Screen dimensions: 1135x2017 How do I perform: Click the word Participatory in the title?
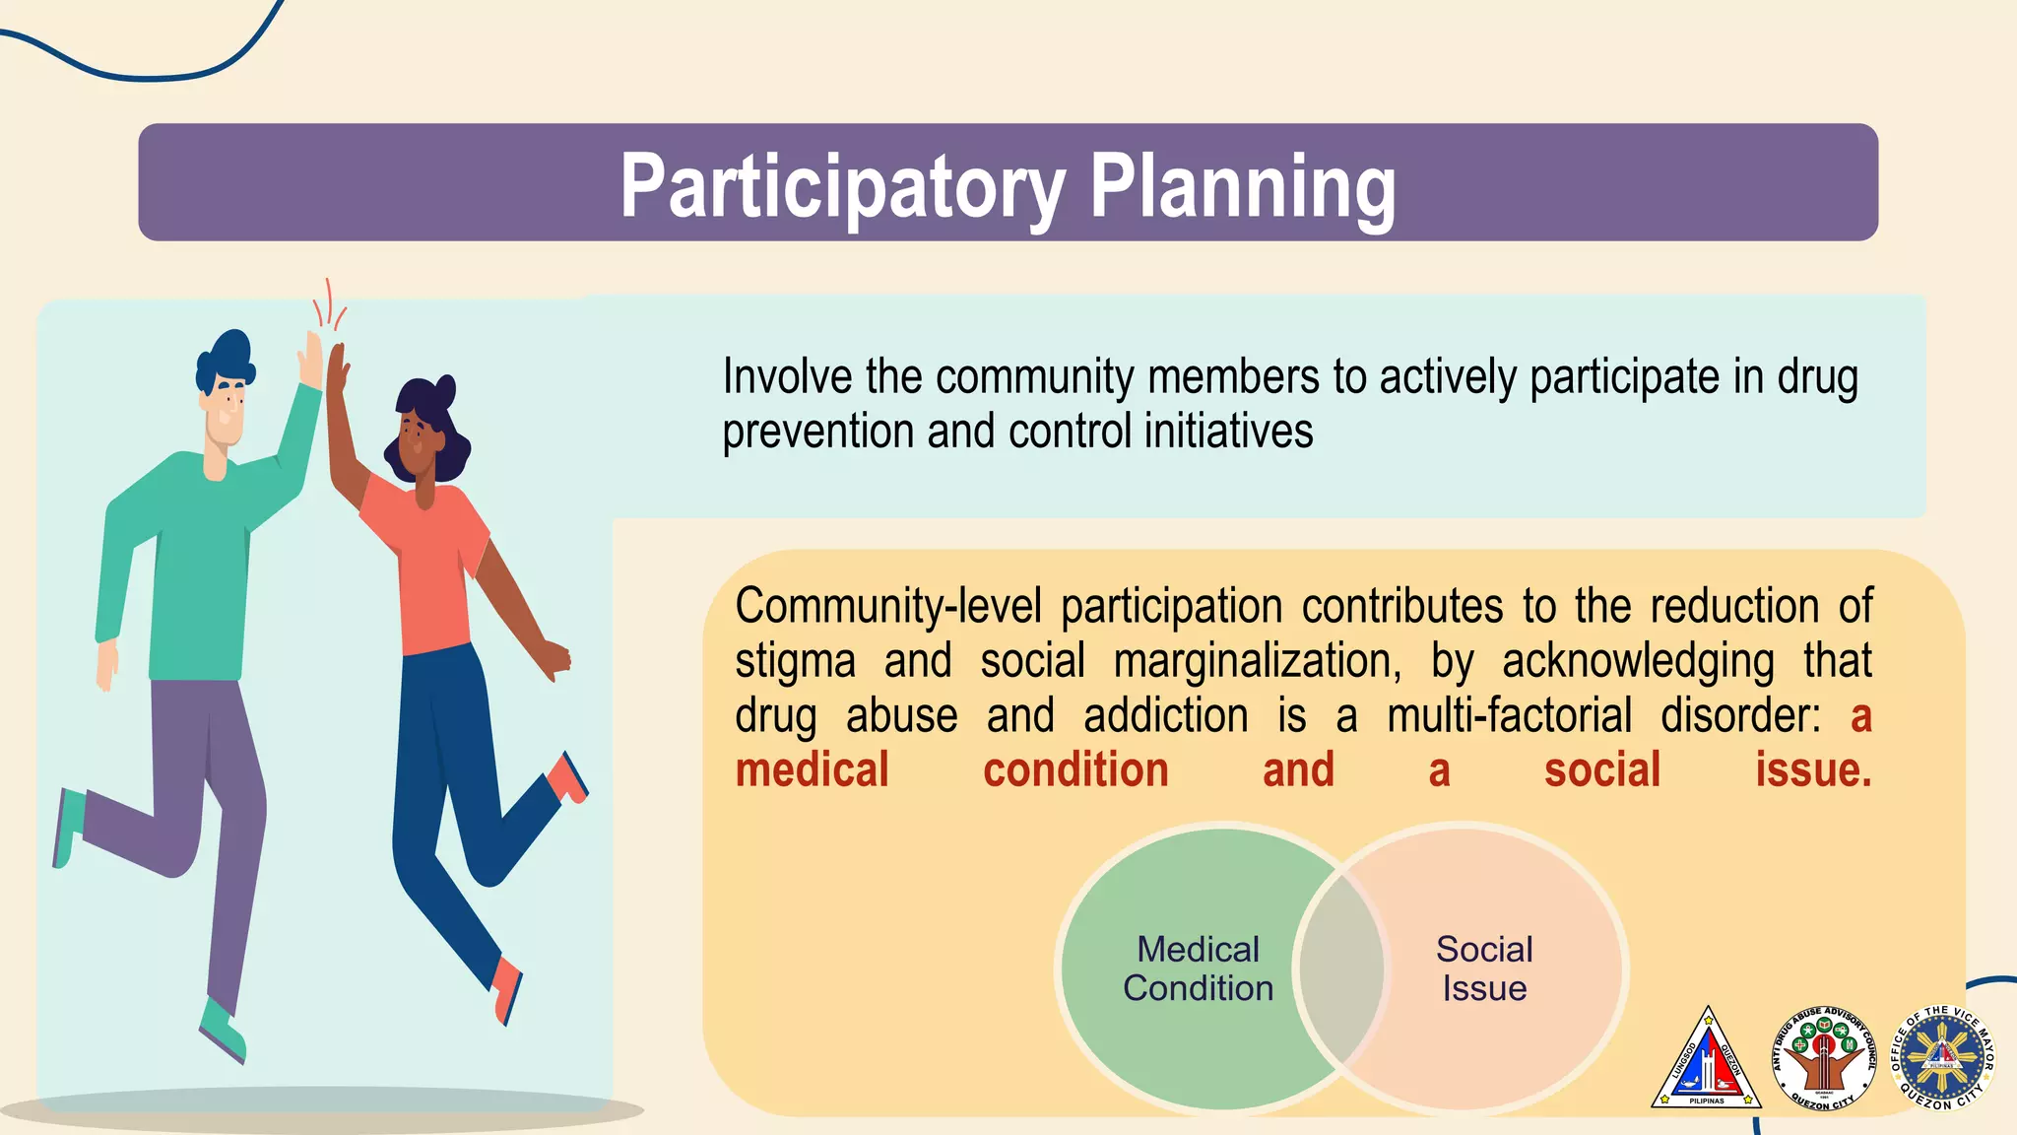pyautogui.click(x=842, y=187)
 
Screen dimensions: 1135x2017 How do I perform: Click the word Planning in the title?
pyautogui.click(x=1242, y=187)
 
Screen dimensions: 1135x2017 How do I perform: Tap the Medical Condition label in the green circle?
pyautogui.click(x=1198, y=968)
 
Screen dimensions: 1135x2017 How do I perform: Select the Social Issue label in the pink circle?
pyautogui.click(x=1484, y=968)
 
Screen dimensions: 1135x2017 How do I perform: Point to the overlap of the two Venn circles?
pyautogui.click(x=1341, y=968)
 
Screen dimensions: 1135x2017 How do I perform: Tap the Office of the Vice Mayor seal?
pyautogui.click(x=1941, y=1058)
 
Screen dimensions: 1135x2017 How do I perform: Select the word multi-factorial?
pyautogui.click(x=1509, y=716)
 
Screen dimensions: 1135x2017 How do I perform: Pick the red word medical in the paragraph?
pyautogui.click(x=812, y=770)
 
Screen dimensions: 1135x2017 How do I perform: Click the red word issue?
pyautogui.click(x=1812, y=770)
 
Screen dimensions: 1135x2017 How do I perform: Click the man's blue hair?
pyautogui.click(x=226, y=359)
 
